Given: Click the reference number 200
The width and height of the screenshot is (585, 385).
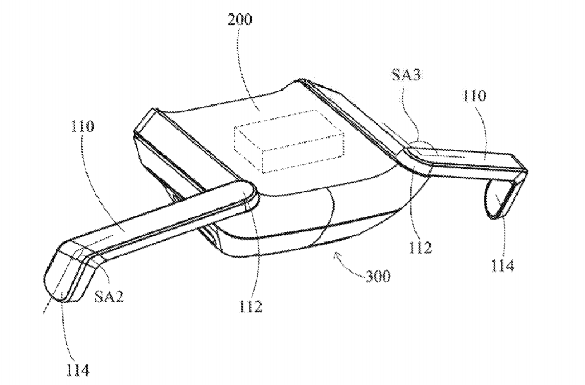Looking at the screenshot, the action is [240, 20].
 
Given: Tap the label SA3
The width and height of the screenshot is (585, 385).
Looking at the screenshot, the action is [405, 75].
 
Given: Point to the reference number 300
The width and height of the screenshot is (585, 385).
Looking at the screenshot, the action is [378, 276].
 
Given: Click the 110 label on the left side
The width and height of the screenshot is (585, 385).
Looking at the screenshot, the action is [82, 126].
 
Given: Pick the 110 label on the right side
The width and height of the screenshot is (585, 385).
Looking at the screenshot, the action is [474, 96].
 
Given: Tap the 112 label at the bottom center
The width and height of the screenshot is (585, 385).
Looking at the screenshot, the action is [251, 307].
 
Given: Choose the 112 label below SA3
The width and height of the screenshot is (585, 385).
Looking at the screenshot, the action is [420, 247].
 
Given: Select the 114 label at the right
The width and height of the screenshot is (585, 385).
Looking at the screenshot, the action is [502, 265].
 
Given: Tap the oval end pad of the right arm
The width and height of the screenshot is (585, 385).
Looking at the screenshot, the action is [495, 201].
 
